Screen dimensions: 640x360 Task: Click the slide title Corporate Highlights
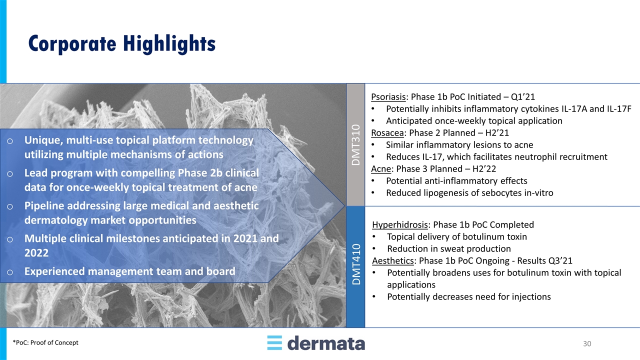click(122, 43)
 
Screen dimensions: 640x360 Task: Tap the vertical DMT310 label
click(355, 145)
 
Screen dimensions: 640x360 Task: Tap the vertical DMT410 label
click(356, 264)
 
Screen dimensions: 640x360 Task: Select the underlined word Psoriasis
click(388, 97)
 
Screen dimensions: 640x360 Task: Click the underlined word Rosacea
click(387, 133)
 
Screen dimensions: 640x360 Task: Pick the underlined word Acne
click(381, 169)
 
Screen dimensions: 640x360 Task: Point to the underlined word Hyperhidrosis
click(400, 225)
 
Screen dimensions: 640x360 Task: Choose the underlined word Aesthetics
click(393, 260)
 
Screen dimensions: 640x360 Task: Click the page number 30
click(587, 343)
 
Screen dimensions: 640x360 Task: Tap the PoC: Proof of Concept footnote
click(45, 342)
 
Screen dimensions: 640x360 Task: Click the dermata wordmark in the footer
click(326, 343)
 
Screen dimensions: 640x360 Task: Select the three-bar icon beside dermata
click(274, 343)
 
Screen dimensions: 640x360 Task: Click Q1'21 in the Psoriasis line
click(523, 97)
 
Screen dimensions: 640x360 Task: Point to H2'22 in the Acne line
click(484, 169)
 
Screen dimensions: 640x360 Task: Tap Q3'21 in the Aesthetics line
click(560, 260)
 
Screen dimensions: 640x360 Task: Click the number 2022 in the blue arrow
click(36, 253)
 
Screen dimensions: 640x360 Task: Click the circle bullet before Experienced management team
click(9, 272)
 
